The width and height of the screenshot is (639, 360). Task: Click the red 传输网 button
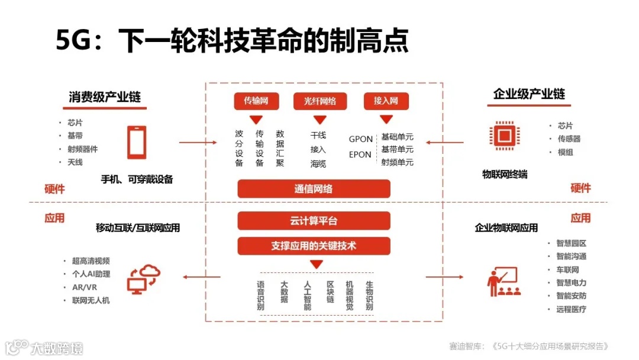pyautogui.click(x=256, y=101)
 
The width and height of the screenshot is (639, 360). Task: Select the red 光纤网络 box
pyautogui.click(x=319, y=101)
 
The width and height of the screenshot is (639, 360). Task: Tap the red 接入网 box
pyautogui.click(x=386, y=101)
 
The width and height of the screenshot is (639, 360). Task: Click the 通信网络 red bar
pyautogui.click(x=314, y=189)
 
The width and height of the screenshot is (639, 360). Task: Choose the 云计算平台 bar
pyautogui.click(x=314, y=221)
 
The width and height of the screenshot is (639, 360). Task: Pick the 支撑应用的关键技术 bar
pyautogui.click(x=314, y=246)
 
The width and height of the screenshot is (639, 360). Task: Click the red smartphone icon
pyautogui.click(x=137, y=142)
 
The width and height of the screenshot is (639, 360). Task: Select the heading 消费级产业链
pyautogui.click(x=105, y=97)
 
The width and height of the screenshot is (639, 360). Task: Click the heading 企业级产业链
pyautogui.click(x=529, y=94)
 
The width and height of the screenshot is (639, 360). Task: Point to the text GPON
pyautogui.click(x=360, y=139)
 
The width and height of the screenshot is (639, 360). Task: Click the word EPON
pyautogui.click(x=360, y=155)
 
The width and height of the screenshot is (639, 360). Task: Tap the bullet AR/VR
pyautogui.click(x=85, y=287)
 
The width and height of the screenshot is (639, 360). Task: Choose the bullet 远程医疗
pyautogui.click(x=571, y=309)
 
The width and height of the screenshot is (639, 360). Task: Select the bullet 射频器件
pyautogui.click(x=82, y=149)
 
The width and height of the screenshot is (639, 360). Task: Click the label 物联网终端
pyautogui.click(x=505, y=174)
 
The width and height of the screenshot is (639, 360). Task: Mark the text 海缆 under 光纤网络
pyautogui.click(x=318, y=163)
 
